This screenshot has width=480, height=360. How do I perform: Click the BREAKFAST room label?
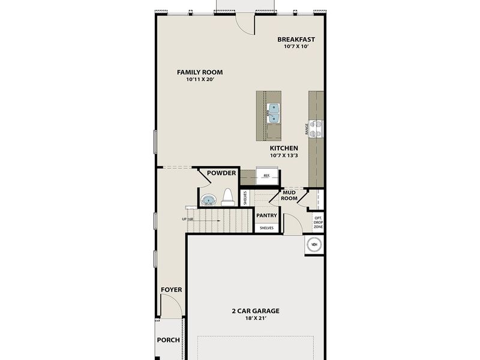click(x=296, y=40)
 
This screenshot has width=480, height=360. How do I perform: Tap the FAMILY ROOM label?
click(x=196, y=72)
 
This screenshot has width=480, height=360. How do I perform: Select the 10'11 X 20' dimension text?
click(x=196, y=80)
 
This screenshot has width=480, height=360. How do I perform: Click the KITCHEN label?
click(x=284, y=148)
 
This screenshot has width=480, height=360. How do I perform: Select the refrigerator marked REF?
click(x=266, y=176)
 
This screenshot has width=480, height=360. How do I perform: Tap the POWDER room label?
click(x=221, y=173)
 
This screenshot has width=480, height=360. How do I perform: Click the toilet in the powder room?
click(x=227, y=197)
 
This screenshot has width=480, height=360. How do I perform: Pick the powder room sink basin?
click(x=208, y=200)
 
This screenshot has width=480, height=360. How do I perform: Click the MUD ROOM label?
click(x=290, y=195)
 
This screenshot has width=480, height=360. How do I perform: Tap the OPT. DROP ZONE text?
click(x=318, y=223)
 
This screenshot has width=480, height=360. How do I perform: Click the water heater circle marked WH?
click(x=314, y=244)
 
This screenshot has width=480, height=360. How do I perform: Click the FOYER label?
click(x=171, y=290)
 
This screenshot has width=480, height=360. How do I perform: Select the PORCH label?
click(x=169, y=340)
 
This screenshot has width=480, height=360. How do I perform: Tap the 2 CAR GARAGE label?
click(x=256, y=311)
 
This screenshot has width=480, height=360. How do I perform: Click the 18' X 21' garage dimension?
click(x=256, y=319)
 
